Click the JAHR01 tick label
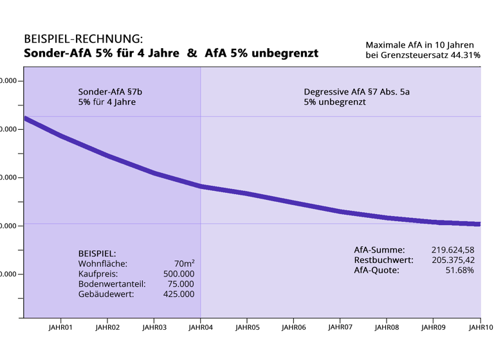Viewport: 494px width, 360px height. [x=60, y=327]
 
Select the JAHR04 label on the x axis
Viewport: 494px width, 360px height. [x=200, y=327]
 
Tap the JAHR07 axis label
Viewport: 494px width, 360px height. [x=340, y=327]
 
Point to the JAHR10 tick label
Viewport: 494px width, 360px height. [x=480, y=327]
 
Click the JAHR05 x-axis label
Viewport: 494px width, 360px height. [x=247, y=327]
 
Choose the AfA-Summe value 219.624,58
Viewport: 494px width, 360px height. [x=452, y=249]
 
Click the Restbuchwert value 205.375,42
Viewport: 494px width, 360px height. [x=452, y=260]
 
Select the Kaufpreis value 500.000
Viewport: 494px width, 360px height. [x=179, y=273]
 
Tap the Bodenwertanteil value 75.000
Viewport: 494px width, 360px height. [x=181, y=283]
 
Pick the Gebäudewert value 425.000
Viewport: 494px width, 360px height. [x=179, y=294]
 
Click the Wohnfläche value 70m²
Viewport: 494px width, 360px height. [x=184, y=263]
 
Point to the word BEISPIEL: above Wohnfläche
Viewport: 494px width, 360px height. [x=97, y=253]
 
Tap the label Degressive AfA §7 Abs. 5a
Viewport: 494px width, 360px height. [x=356, y=92]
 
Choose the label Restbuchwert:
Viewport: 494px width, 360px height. [x=383, y=260]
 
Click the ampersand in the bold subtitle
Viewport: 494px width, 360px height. [x=192, y=53]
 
